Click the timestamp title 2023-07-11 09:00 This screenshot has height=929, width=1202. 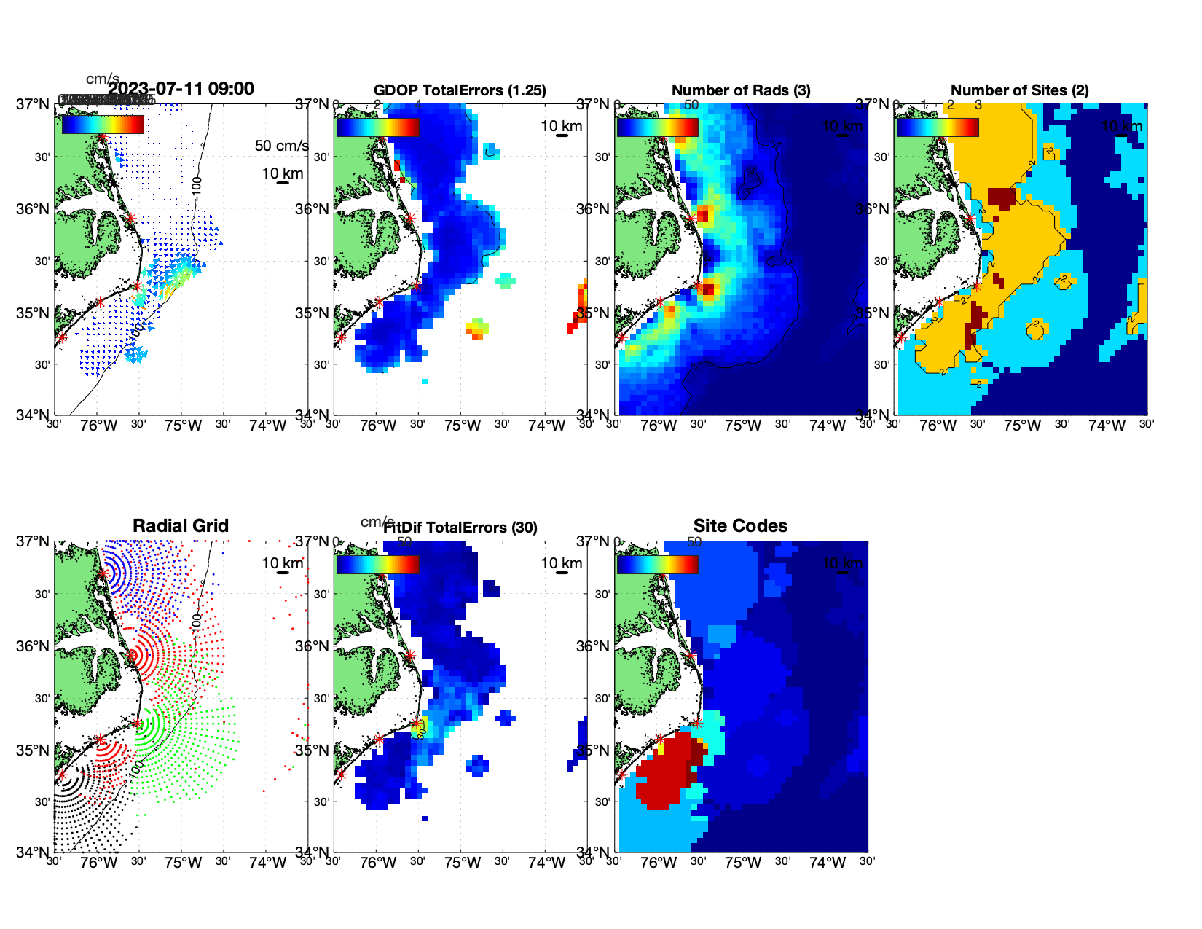coord(181,89)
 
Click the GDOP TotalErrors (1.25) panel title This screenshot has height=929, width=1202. coord(460,90)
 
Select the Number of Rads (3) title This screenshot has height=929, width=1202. coord(741,90)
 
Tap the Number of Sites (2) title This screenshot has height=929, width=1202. coord(1019,90)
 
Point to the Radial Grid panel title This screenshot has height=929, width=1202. coord(181,526)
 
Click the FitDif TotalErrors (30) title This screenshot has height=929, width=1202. coord(461,528)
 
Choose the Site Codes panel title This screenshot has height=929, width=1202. coord(740,526)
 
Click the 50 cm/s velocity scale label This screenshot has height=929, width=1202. coord(281,146)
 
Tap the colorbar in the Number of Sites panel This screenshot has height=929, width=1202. coord(938,127)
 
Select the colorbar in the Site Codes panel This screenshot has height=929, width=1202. coord(657,564)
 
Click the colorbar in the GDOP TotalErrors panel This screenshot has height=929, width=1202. coord(377,127)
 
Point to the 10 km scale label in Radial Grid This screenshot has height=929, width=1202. coord(282,563)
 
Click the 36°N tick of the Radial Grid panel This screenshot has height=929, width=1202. coord(33,646)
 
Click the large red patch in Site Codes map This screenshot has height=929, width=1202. coord(663,772)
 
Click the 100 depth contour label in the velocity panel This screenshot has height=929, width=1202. coord(197,185)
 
